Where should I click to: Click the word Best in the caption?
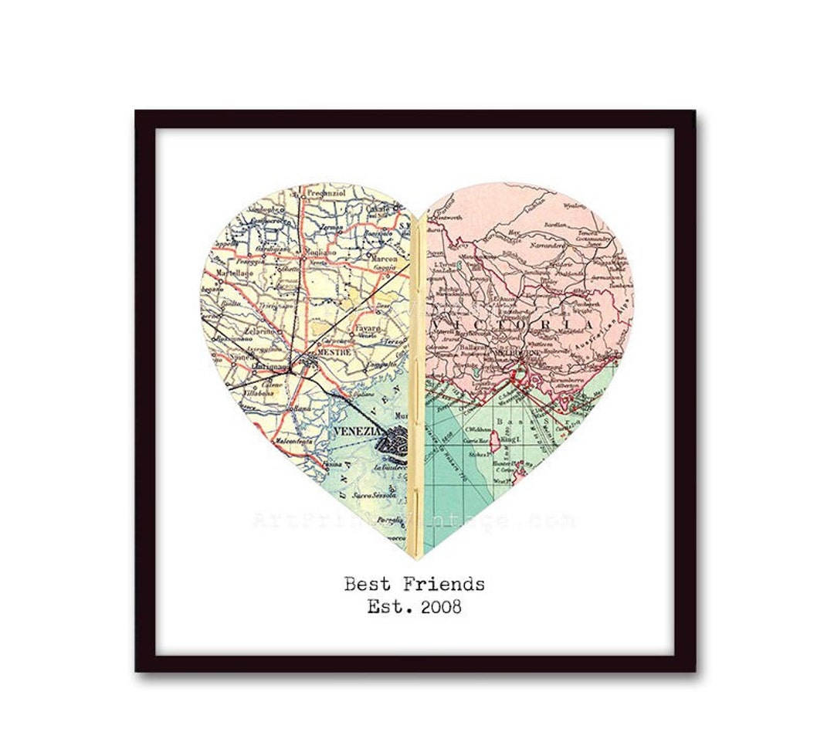tap(367, 584)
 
